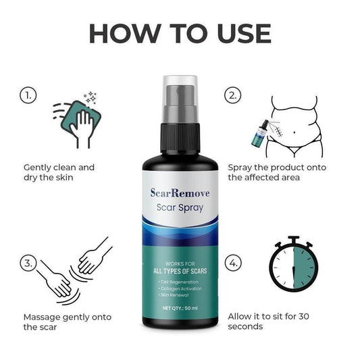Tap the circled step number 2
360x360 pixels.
pos(234,95)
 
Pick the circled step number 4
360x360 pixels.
pos(234,262)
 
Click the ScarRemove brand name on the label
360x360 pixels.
pos(180,194)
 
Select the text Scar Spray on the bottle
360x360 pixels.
pos(180,208)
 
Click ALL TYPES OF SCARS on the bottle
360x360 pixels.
pos(180,271)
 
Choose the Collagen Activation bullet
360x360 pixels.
pos(180,288)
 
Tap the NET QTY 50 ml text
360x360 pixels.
pos(180,307)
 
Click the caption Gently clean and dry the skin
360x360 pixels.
pos(59,172)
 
